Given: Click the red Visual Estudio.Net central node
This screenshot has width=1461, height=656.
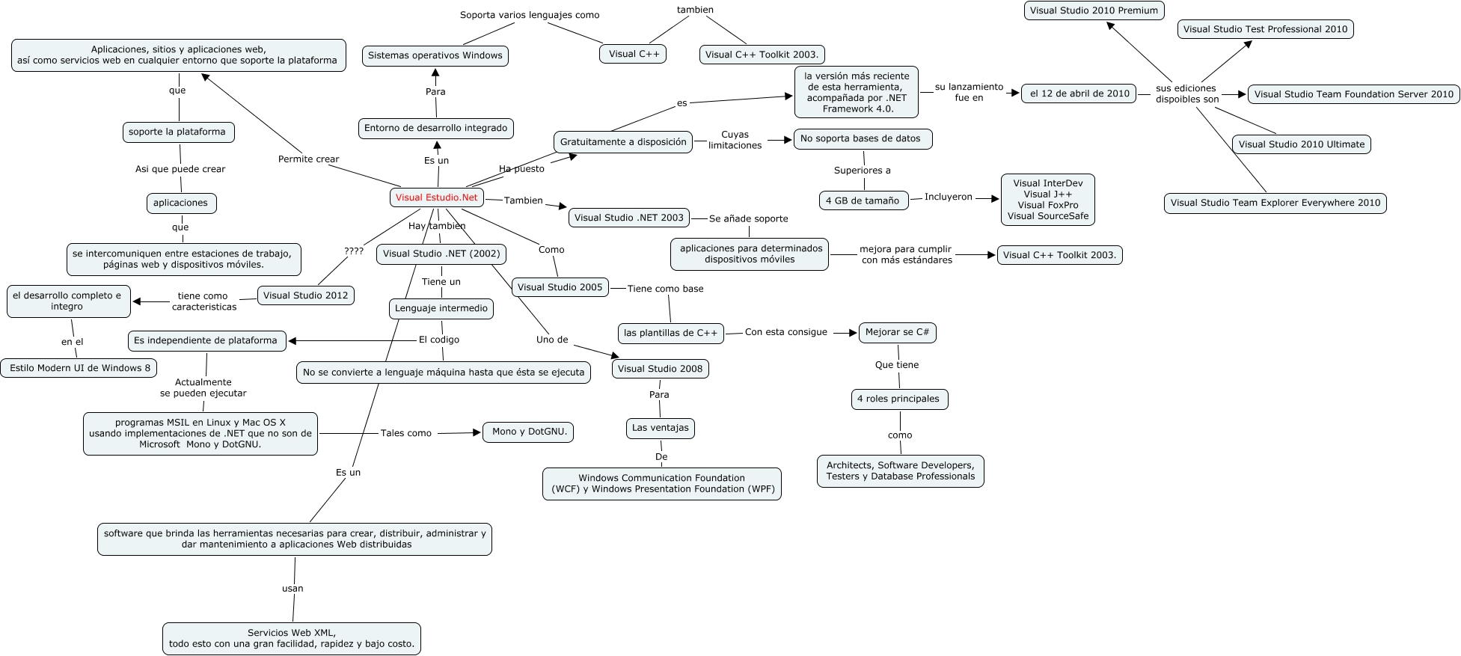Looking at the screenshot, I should tap(436, 197).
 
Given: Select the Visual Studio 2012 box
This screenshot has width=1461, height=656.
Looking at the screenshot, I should tap(305, 295).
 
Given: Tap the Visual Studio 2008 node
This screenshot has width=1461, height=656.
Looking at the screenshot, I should tap(660, 369).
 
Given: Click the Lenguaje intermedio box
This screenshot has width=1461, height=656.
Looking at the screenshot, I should tap(441, 308).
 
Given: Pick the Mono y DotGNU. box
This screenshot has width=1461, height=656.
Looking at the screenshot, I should tap(529, 432).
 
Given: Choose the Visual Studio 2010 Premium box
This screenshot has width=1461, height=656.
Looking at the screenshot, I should tap(1093, 10).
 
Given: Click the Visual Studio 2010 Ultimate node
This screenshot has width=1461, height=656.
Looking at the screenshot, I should tap(1301, 144).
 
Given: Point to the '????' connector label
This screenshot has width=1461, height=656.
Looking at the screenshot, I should tap(354, 251).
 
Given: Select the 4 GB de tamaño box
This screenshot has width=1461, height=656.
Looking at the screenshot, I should tap(863, 200).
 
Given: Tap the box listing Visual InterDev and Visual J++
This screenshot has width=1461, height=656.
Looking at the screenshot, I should tap(1047, 200).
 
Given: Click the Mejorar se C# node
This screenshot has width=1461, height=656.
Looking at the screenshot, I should tap(896, 332).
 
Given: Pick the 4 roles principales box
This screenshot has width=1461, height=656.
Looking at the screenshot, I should tap(898, 399).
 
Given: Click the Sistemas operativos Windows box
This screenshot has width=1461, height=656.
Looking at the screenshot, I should tap(435, 55).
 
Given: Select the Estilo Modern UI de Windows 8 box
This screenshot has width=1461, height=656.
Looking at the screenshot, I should tap(79, 368).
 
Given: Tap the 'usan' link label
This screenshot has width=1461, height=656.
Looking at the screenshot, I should tap(292, 589).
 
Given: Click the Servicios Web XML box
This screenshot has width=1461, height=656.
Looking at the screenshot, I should tap(291, 638).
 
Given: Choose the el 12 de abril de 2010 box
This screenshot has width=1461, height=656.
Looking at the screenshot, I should tap(1079, 94).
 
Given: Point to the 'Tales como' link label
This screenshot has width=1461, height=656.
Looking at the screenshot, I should tap(405, 433).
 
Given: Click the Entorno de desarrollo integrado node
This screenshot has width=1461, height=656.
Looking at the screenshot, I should tap(435, 128).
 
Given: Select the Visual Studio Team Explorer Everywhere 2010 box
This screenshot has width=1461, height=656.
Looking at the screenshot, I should tap(1275, 203).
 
